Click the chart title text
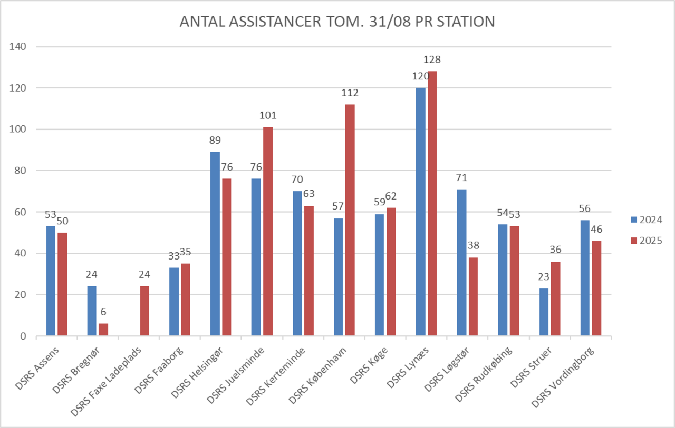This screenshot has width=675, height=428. [x=337, y=22]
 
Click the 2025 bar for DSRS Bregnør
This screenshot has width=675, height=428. [x=103, y=330]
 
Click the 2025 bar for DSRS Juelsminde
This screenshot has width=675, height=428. [x=267, y=231]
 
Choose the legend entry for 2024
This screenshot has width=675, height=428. [x=646, y=220]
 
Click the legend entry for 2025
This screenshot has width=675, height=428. [x=646, y=241]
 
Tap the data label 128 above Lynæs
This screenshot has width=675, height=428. [x=432, y=59]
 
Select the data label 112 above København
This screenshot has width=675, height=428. [x=350, y=93]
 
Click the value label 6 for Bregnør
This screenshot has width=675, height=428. [x=103, y=312]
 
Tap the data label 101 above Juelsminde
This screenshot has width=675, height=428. [x=268, y=116]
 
